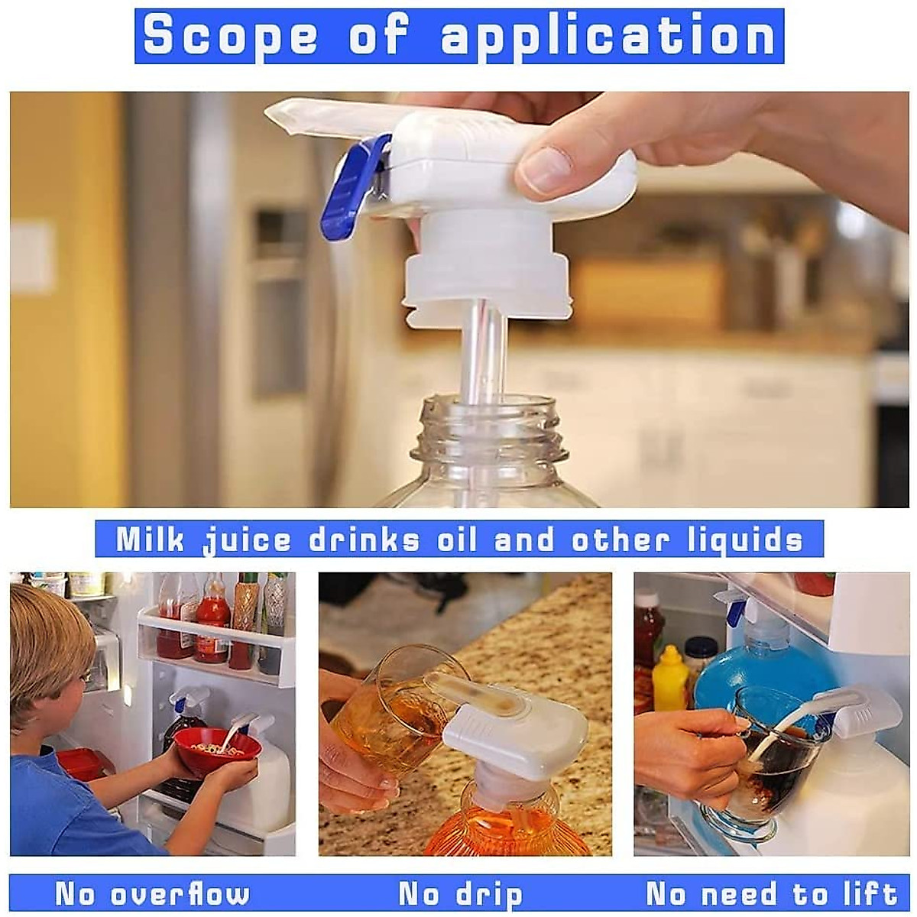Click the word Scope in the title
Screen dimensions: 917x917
(230, 35)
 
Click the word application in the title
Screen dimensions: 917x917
(608, 35)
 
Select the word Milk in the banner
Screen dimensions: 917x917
(151, 540)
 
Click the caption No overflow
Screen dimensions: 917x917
(152, 894)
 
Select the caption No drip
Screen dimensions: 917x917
(460, 894)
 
